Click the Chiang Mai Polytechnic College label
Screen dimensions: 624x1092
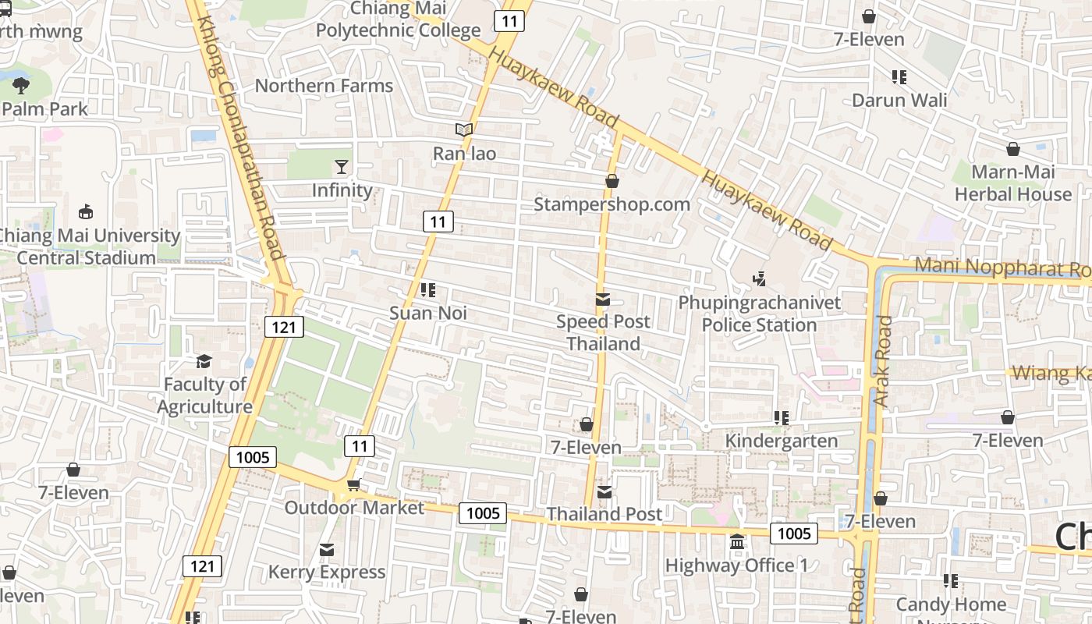(398, 19)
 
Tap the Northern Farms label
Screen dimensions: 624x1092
(324, 86)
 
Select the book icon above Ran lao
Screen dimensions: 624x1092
(464, 129)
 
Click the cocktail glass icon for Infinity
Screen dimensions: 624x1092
(342, 166)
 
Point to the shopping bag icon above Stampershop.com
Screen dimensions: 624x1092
(612, 181)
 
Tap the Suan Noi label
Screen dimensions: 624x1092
(428, 313)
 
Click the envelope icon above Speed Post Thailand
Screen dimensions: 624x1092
(602, 299)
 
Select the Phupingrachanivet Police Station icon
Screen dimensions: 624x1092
(759, 278)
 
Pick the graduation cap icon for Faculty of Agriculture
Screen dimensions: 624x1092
(204, 361)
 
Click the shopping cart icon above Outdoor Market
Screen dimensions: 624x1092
(353, 485)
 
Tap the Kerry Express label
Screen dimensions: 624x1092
(327, 572)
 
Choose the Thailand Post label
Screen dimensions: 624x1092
(604, 514)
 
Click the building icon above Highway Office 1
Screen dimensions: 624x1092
(736, 541)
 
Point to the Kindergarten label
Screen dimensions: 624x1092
(782, 441)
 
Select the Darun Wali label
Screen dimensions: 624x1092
(899, 100)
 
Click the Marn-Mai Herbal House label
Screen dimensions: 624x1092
(1013, 183)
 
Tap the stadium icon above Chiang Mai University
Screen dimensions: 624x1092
(86, 211)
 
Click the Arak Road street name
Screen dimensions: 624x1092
(882, 360)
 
